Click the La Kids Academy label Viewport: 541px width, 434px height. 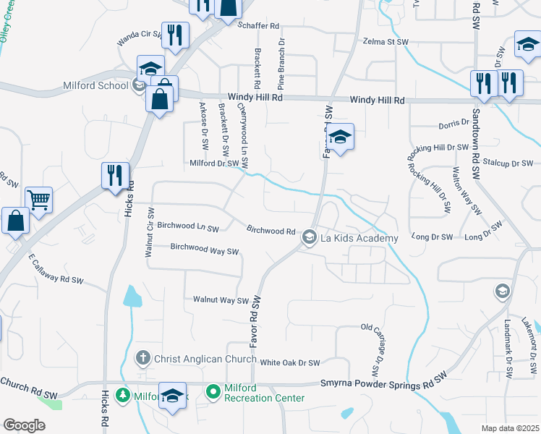click(359, 238)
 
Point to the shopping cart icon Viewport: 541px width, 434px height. click(39, 200)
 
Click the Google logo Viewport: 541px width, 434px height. click(24, 425)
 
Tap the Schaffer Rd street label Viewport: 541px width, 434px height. click(258, 25)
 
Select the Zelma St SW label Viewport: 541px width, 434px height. click(386, 42)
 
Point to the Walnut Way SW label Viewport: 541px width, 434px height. click(221, 299)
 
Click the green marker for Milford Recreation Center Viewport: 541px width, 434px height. click(213, 393)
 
